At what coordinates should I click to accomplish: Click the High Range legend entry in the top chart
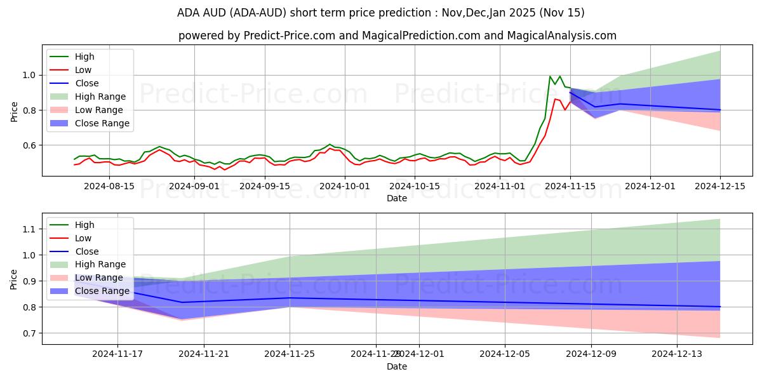point(100,97)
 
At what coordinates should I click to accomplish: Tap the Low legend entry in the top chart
point(83,70)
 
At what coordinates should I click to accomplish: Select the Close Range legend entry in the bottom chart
point(102,291)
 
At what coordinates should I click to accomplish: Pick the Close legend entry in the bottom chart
point(86,251)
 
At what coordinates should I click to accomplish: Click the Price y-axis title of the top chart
point(15,111)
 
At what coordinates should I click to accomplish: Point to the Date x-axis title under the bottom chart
point(397,366)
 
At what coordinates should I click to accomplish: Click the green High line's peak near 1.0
point(550,76)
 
